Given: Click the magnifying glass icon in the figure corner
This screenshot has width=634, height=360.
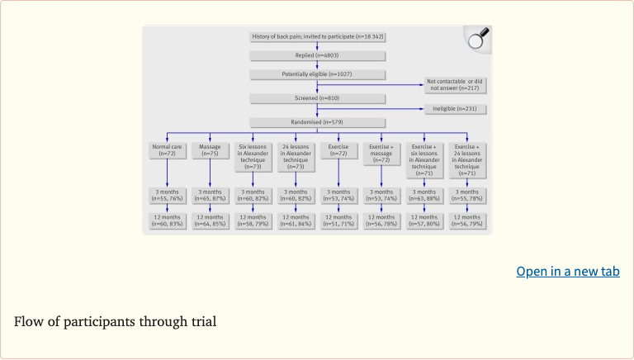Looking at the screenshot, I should [477, 39].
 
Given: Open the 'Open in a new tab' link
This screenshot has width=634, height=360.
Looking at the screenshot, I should [567, 271].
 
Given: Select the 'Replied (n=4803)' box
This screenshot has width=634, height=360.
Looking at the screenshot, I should [317, 55].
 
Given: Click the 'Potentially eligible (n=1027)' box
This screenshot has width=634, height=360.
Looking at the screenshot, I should [317, 74].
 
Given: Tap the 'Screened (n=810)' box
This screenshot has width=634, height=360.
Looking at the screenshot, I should [317, 98].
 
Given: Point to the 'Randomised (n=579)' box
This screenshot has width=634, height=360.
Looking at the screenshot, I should [317, 122].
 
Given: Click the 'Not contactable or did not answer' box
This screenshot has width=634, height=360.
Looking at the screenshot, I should [452, 84].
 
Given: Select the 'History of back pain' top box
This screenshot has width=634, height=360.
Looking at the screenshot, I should [317, 37].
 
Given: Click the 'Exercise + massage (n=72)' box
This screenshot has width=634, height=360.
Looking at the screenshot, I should [381, 153].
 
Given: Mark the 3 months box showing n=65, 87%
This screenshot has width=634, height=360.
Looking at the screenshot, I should [210, 197].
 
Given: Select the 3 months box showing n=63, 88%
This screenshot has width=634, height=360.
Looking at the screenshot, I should [424, 197].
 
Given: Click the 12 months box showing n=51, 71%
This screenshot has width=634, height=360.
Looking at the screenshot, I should [338, 220].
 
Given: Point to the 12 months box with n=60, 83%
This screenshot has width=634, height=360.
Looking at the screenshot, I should [167, 220].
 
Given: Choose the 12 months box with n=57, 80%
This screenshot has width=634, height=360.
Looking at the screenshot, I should [424, 220].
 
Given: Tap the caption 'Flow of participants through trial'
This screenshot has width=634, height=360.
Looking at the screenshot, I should [115, 321].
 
